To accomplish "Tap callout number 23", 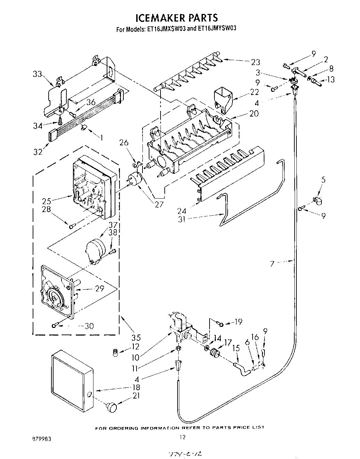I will click(x=255, y=62).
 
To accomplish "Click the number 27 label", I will click(x=159, y=204).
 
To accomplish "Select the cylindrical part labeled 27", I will click(x=135, y=180).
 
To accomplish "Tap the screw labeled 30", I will click(x=55, y=325).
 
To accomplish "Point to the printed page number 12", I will click(x=182, y=437).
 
